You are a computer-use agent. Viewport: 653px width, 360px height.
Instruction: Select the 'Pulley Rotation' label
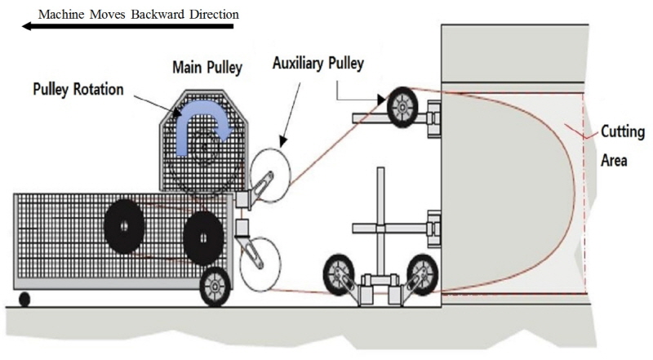78,88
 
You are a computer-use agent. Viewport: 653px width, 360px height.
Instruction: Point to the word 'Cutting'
623,131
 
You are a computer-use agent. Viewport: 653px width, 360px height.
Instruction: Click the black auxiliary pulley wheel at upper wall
402,107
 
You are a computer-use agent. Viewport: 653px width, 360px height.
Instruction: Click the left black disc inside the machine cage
124,220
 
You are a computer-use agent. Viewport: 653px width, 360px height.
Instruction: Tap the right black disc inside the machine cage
203,237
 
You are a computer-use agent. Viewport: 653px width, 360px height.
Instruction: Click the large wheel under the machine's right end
215,286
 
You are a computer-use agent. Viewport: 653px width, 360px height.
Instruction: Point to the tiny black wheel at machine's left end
24,299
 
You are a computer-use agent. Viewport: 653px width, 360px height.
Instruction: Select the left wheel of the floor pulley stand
338,274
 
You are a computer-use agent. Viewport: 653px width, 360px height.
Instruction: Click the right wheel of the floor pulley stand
422,273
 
